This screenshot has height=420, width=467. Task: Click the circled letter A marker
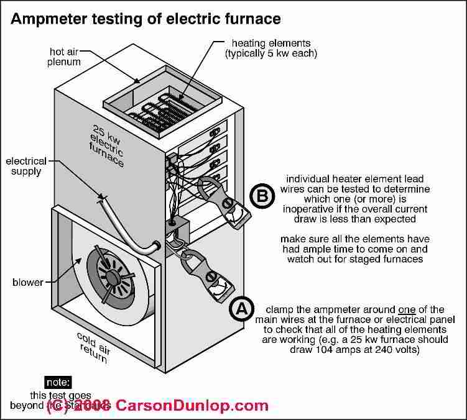coord(241,309)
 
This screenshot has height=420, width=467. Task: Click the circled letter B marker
coord(262,196)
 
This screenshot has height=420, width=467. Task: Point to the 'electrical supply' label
coord(27,166)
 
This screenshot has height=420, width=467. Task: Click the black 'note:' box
coord(62,382)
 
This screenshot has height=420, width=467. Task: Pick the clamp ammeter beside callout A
coord(205,274)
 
